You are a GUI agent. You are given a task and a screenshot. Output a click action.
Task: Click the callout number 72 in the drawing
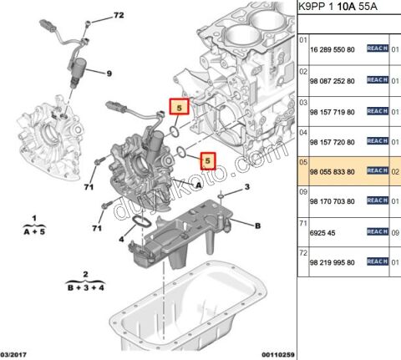tap(119, 15)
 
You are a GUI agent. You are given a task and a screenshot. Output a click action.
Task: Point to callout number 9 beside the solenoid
tap(108, 73)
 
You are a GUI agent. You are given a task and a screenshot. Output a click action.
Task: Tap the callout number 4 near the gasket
tap(120, 240)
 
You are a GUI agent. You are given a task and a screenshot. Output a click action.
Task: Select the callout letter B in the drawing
tap(257, 226)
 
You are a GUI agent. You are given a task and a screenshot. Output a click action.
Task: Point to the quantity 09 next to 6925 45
tap(396, 231)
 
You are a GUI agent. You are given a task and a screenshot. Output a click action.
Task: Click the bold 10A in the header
tap(344, 8)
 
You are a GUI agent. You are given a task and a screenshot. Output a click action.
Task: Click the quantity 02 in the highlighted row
tap(396, 171)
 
